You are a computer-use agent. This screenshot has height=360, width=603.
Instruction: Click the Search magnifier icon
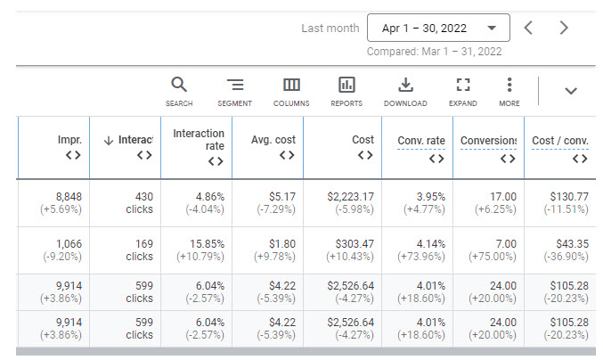(179, 85)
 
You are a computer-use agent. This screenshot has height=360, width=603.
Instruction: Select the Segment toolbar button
(234, 92)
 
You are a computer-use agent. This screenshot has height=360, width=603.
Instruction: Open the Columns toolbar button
(291, 92)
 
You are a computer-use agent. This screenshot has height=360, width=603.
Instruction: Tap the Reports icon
(346, 85)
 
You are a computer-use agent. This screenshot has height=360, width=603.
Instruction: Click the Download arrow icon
(405, 85)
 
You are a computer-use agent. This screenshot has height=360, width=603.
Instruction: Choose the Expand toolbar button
(462, 92)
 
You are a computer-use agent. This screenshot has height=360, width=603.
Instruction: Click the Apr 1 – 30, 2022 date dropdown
(438, 28)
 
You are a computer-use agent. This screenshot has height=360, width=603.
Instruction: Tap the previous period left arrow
(529, 28)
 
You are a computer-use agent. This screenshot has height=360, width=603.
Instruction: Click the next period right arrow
(564, 28)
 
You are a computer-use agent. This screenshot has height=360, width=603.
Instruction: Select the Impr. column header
(69, 140)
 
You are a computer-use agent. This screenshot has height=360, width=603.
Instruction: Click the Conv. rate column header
(421, 141)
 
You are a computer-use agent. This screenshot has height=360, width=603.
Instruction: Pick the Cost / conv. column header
(560, 141)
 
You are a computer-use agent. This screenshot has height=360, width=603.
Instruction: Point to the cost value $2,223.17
(350, 197)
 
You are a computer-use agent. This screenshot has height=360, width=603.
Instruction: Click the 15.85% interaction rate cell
(207, 244)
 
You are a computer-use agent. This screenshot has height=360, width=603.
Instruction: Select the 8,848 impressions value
(69, 197)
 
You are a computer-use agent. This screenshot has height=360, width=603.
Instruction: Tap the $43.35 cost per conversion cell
(572, 244)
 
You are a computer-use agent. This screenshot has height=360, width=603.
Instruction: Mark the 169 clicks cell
(140, 250)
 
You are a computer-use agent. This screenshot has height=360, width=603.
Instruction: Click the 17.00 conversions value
(503, 197)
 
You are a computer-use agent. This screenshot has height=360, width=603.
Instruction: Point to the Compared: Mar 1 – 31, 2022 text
(434, 52)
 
